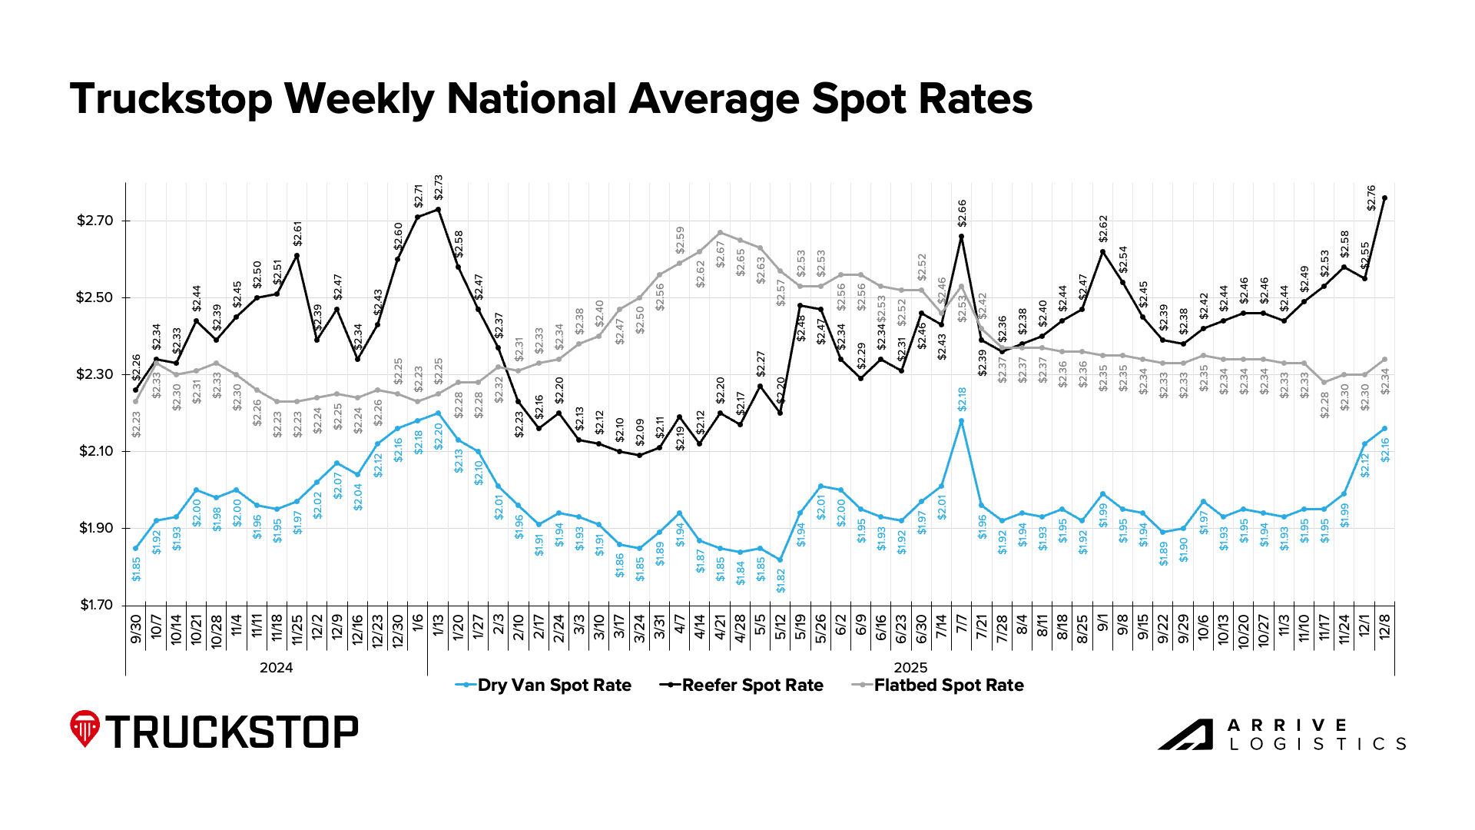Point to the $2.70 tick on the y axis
point(94,221)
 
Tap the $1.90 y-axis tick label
point(94,529)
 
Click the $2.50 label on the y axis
point(94,298)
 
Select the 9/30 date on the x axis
point(136,629)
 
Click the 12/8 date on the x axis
point(1384,629)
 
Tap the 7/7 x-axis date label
point(961,629)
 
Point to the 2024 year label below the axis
point(276,668)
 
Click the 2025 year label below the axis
point(910,668)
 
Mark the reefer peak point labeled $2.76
point(1384,198)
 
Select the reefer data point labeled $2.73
point(438,209)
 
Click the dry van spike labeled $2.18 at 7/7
point(961,421)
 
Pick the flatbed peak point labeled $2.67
point(720,232)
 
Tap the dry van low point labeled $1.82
point(780,559)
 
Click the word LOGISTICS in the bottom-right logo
point(1317,744)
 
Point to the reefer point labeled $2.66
point(961,237)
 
